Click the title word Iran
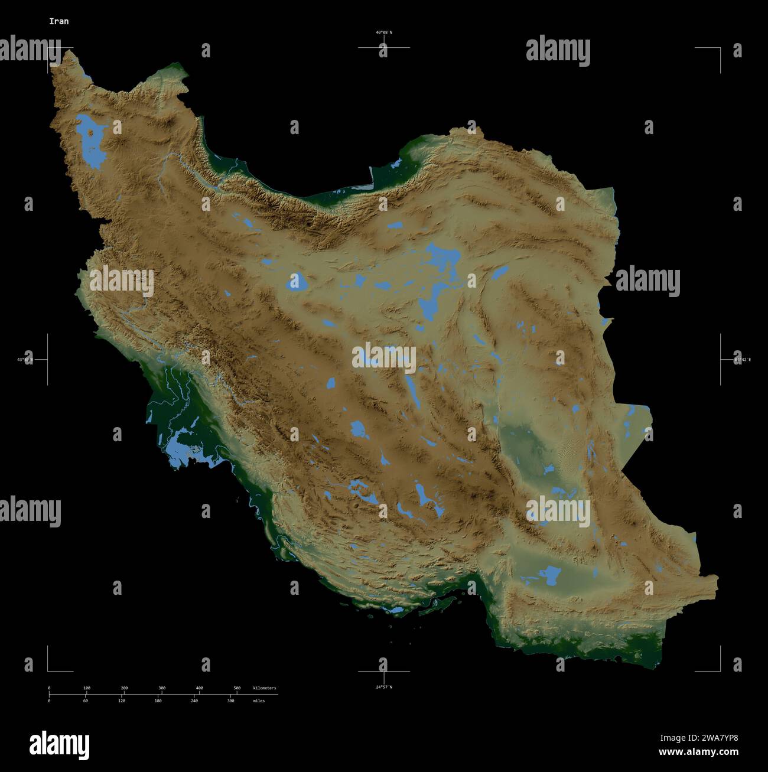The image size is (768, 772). point(58,21)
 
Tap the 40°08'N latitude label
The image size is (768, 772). point(383,32)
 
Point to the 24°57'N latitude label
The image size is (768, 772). point(383,687)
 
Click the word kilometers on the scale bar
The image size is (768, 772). point(264,688)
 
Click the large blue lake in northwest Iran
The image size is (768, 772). point(89,142)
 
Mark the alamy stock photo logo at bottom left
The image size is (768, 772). point(59,745)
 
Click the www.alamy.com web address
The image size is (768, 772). point(698,753)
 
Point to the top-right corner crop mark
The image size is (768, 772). point(720,48)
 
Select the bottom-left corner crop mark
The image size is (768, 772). point(48,670)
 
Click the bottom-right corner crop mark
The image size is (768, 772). point(720,670)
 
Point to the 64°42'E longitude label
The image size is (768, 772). point(743,359)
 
